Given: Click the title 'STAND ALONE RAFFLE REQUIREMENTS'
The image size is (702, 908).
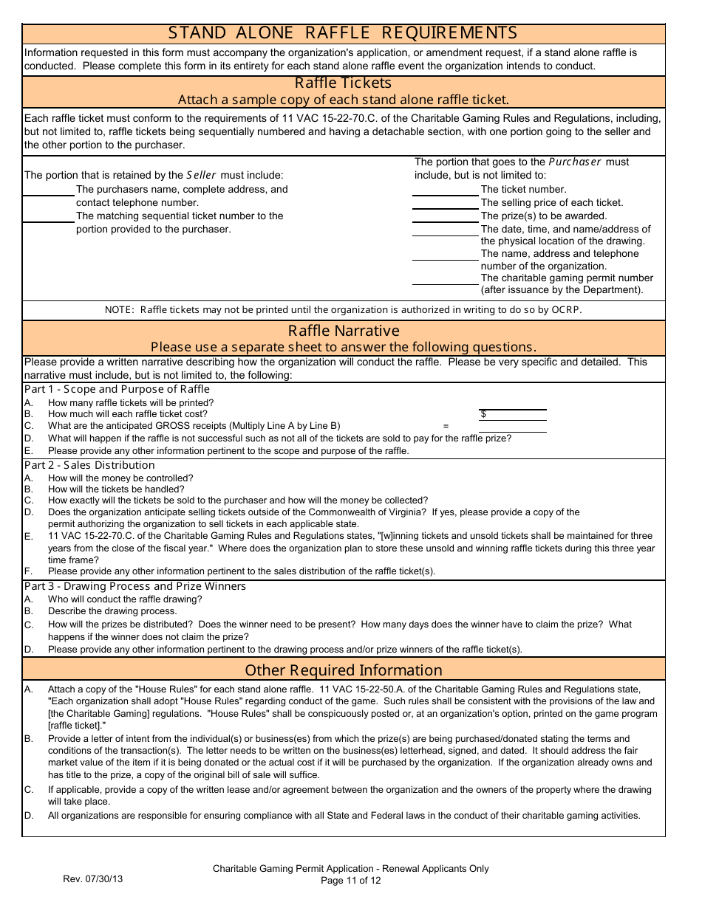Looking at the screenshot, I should (x=343, y=33).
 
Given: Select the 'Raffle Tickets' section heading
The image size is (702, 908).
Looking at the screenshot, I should (x=343, y=83).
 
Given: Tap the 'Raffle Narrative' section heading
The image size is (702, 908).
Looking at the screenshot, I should (x=343, y=331).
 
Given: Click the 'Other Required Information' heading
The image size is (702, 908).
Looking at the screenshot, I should (x=343, y=670).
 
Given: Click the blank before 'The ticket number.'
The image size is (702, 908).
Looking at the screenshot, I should (x=445, y=190).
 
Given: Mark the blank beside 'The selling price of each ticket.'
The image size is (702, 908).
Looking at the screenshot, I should (x=445, y=204).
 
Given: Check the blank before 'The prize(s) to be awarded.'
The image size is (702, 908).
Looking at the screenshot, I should (x=445, y=217).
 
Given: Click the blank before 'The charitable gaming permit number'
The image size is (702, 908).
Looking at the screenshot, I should (x=445, y=279).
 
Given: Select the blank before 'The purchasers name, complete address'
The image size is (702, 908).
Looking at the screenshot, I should (x=49, y=190).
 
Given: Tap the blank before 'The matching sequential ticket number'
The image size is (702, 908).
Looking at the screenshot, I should (x=49, y=217).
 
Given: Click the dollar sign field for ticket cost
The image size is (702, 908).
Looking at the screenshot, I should (x=513, y=414).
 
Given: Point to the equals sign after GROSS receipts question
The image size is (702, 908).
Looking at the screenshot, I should (x=446, y=426).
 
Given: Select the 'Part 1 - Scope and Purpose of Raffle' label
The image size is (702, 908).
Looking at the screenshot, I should (x=117, y=389).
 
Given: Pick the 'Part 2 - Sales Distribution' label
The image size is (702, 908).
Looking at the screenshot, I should (x=89, y=465).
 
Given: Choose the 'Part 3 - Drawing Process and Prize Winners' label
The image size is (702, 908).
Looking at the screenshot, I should (x=135, y=586).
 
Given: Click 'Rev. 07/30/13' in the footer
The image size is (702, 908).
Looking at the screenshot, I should (x=92, y=879).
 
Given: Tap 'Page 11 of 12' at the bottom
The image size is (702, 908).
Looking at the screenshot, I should (x=350, y=880).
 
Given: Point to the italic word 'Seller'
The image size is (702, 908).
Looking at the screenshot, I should (x=202, y=176).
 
